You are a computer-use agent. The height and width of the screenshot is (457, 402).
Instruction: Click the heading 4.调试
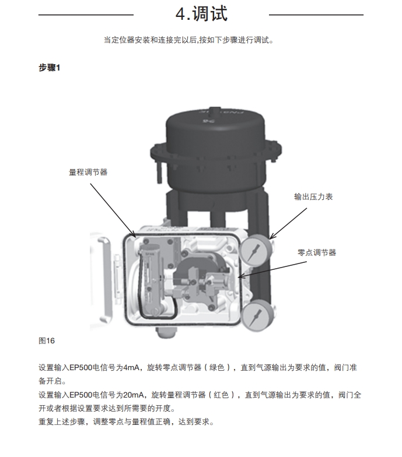click(x=201, y=13)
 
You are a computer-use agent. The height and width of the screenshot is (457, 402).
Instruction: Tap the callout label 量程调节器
click(x=88, y=172)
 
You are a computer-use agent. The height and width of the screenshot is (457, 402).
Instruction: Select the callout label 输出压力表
click(x=313, y=197)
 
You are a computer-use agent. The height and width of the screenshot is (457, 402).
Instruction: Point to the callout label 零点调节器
click(x=317, y=252)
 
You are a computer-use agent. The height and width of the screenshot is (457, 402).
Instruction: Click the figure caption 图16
click(x=46, y=340)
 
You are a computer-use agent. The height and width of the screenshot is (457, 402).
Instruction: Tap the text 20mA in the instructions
click(x=136, y=395)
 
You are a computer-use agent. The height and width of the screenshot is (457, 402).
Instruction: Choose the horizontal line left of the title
click(x=86, y=14)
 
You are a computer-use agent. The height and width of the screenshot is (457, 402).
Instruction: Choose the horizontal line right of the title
click(x=316, y=14)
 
